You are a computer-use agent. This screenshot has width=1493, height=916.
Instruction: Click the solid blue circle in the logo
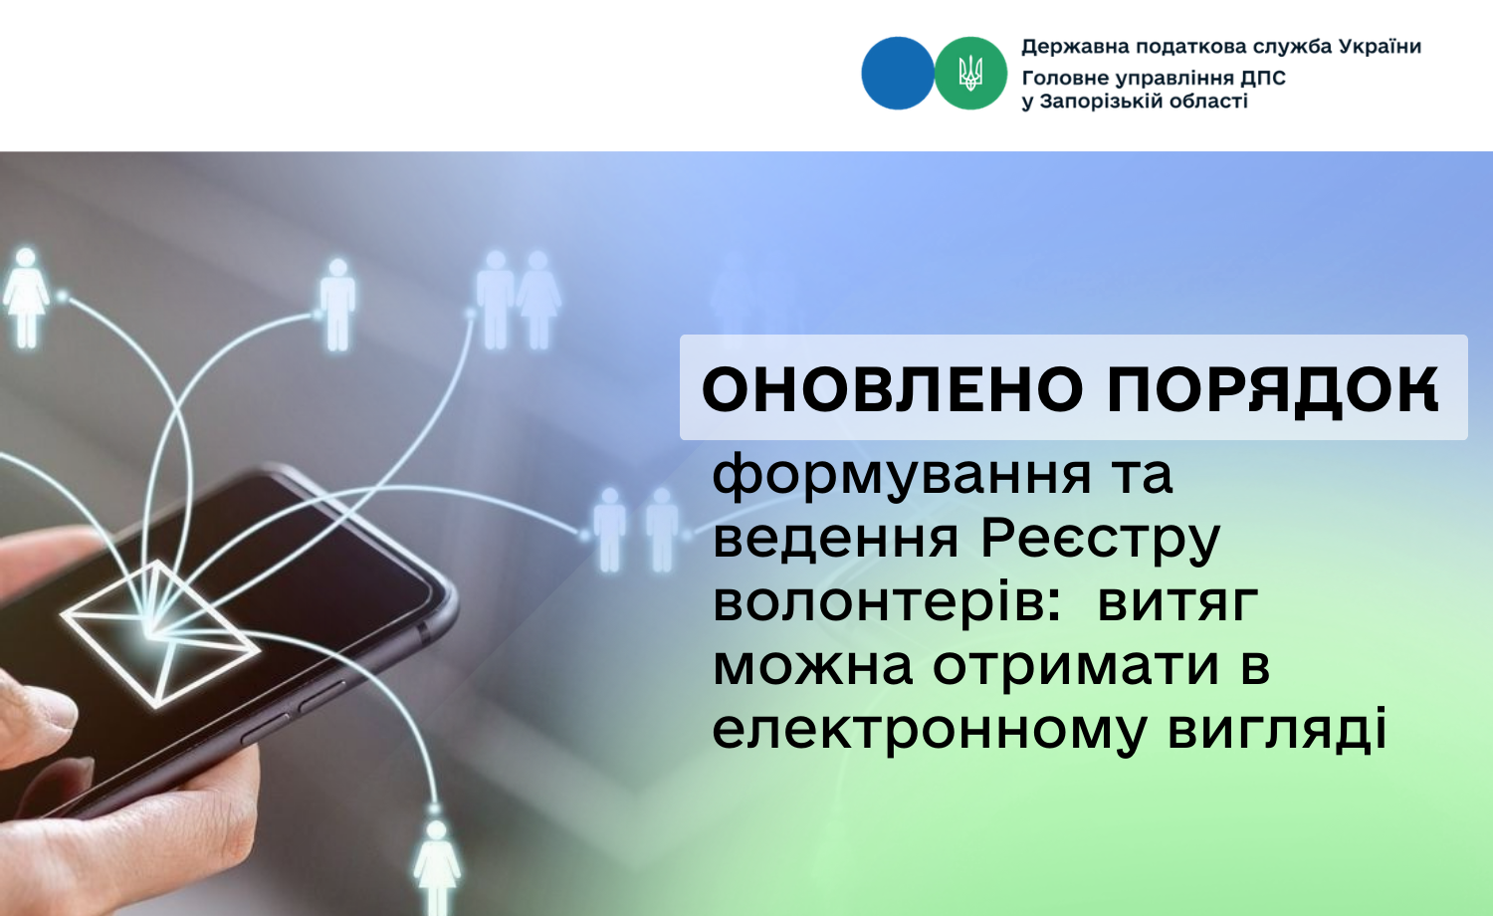coord(898,74)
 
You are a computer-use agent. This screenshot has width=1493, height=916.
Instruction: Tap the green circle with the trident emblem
coord(970,74)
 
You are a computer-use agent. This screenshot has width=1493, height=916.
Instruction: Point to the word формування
coord(902,475)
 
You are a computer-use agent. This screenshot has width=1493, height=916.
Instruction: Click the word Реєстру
coord(1101,539)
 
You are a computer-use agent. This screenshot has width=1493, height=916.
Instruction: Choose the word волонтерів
coord(887,601)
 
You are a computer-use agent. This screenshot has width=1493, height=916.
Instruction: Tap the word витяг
coord(1177,602)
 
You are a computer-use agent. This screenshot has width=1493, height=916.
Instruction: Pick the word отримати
coord(1076,666)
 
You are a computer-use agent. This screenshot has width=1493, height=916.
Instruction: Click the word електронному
coord(929,730)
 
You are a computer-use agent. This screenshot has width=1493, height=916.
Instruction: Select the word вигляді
coord(1278,729)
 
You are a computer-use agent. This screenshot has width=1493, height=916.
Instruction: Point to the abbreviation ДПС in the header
coord(1262,79)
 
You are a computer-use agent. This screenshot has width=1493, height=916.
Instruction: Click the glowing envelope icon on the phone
coord(160,633)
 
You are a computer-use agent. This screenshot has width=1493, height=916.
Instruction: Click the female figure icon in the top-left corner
coord(26,298)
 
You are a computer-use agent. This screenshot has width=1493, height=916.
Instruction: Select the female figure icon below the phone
coord(437,866)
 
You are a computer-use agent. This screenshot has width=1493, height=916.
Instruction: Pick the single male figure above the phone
coord(337,305)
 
